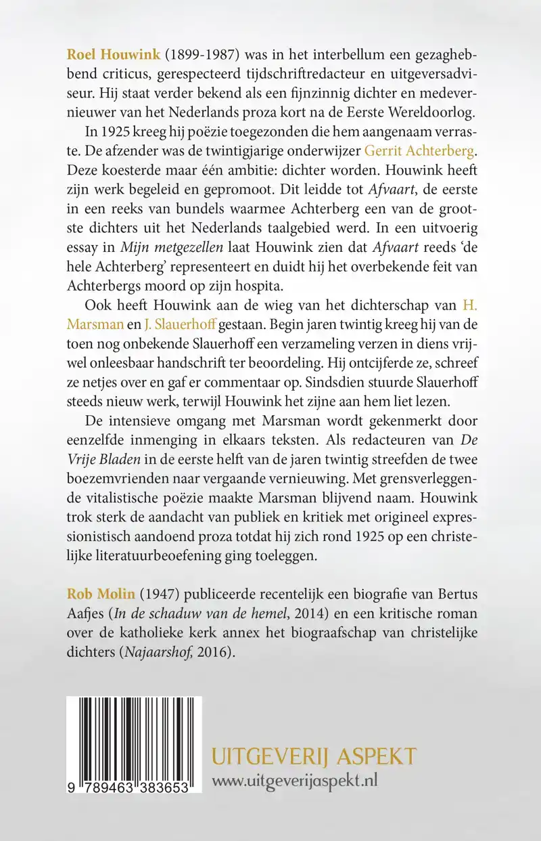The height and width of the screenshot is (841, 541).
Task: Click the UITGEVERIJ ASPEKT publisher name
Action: pos(314,755)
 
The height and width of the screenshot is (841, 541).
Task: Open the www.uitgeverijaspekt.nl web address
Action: pos(295,780)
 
